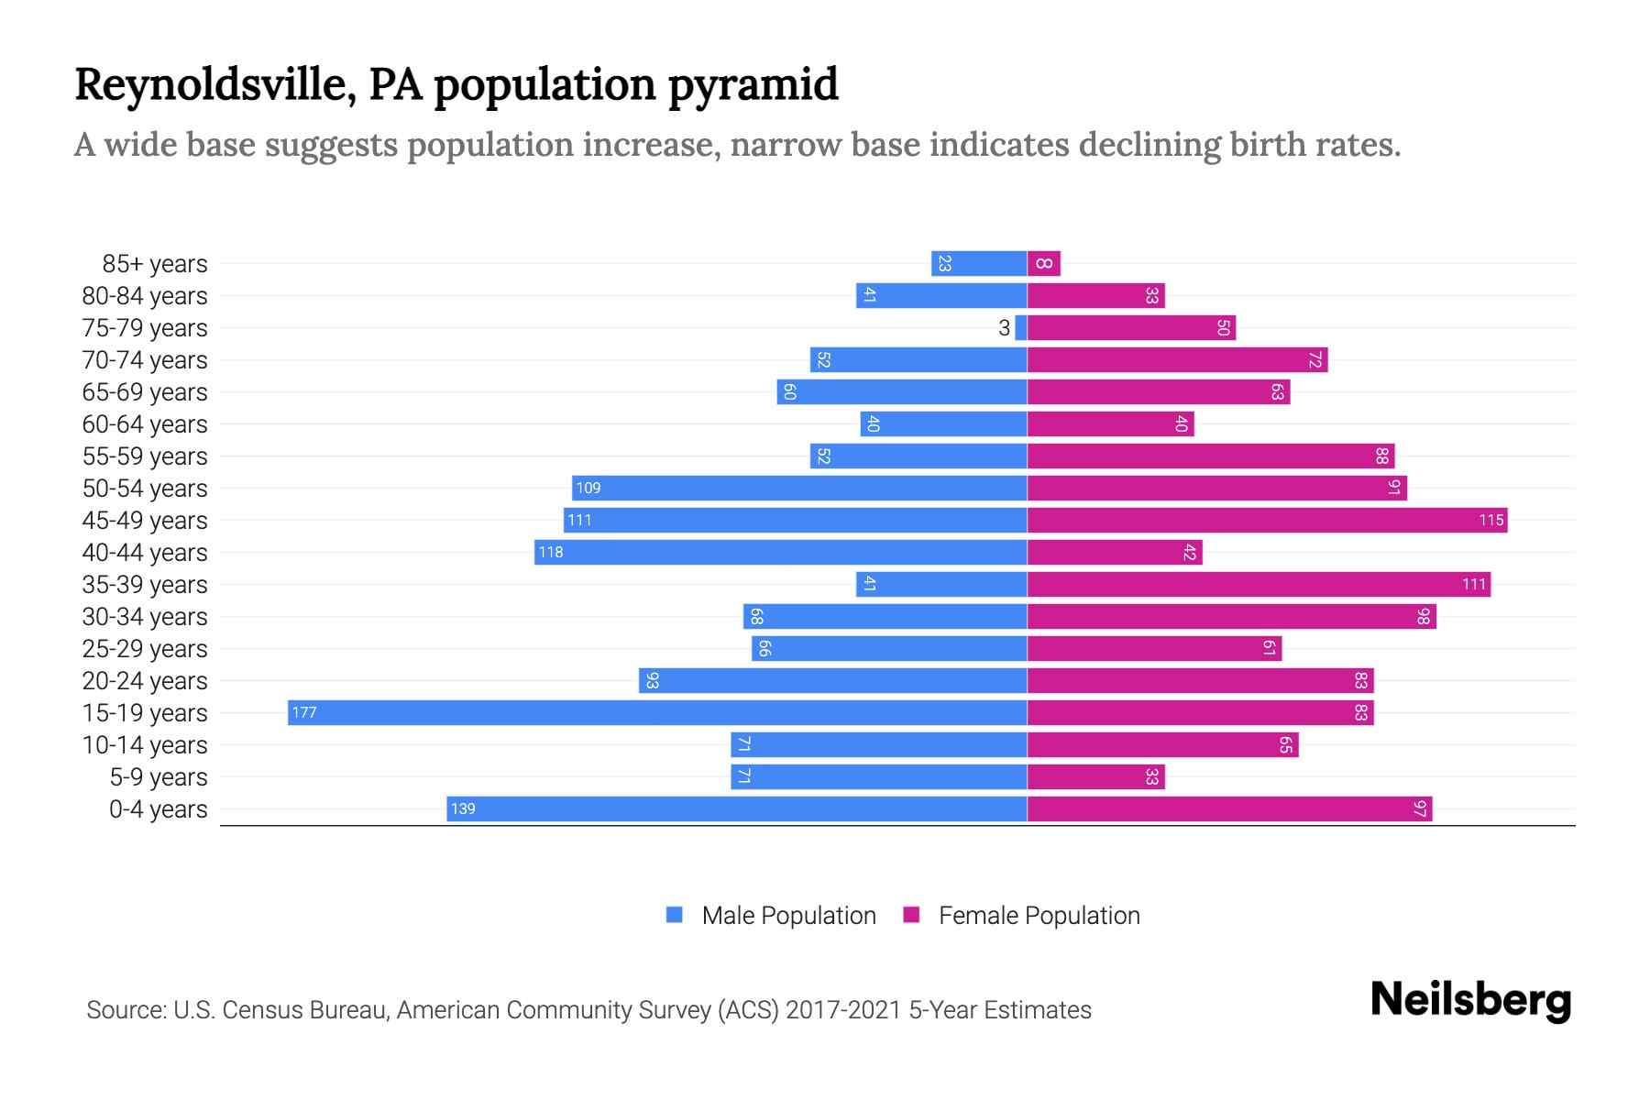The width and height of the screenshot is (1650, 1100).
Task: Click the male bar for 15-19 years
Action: pos(656,712)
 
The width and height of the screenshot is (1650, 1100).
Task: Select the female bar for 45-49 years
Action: pos(1267,520)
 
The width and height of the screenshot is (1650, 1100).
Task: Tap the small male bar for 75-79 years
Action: pos(1020,327)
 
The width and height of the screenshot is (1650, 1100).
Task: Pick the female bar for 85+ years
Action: pos(1044,263)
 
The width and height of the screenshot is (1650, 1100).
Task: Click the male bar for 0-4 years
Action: pos(736,808)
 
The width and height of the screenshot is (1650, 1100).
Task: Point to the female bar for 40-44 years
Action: pos(1114,552)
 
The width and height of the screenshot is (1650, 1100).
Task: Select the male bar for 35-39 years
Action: pos(941,584)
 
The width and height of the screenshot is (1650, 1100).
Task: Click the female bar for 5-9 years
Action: pos(1095,776)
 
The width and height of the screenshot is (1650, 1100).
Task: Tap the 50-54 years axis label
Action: pos(145,489)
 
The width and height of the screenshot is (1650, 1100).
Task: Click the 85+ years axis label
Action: pos(155,264)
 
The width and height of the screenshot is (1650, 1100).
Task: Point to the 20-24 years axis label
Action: pos(145,681)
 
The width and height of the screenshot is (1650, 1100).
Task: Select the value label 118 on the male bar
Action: pos(551,552)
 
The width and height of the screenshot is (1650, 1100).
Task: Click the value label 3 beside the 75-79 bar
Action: pos(1004,328)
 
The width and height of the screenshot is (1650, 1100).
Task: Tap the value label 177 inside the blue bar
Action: pos(304,712)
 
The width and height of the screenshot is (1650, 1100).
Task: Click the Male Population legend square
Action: pos(675,915)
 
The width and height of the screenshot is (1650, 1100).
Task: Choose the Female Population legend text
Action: pos(1039,915)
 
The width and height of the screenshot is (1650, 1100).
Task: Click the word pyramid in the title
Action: pos(753,85)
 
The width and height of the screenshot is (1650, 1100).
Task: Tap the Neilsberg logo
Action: pos(1470,1000)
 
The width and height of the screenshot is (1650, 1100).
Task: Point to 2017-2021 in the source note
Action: pos(843,1010)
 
